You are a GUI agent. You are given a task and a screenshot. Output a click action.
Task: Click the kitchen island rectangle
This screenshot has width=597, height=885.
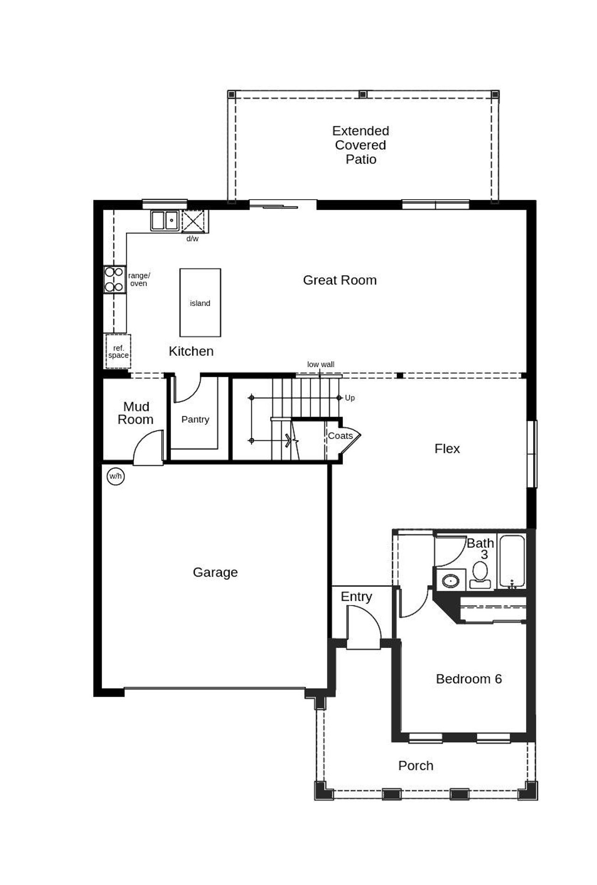(x=200, y=302)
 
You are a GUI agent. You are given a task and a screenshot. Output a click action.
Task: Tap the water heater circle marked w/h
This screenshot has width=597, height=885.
(x=116, y=476)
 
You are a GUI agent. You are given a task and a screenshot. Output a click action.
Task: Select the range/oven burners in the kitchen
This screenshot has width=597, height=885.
(x=114, y=279)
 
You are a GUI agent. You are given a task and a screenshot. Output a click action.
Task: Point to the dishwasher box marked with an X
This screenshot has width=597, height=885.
(x=193, y=221)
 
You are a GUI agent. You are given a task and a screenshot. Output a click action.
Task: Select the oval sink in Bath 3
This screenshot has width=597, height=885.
(x=451, y=581)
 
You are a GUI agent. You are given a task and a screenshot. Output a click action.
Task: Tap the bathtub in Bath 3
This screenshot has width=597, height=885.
(x=512, y=561)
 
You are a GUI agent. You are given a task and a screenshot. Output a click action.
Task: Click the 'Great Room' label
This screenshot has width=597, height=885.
(x=340, y=280)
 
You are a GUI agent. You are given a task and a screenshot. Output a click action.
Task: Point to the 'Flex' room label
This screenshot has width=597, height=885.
(x=447, y=448)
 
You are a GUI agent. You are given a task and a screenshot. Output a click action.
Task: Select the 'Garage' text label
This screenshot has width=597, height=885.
(x=215, y=572)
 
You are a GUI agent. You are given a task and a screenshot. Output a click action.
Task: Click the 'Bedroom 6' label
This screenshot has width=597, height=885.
(x=469, y=679)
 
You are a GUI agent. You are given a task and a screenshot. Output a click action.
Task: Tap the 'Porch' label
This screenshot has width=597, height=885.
(x=416, y=766)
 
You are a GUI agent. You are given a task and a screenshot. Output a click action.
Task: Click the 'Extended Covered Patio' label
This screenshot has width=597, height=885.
(x=361, y=145)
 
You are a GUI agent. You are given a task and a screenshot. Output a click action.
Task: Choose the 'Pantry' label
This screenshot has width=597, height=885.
(x=195, y=419)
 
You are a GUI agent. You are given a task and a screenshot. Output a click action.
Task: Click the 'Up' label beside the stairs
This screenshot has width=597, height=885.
(x=350, y=397)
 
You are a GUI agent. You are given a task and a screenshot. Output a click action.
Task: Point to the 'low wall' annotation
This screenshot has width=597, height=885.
(x=320, y=364)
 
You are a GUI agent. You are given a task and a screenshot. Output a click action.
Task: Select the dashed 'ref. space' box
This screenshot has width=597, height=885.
(x=118, y=351)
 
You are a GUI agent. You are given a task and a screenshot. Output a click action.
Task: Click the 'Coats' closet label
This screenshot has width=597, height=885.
(x=340, y=436)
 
